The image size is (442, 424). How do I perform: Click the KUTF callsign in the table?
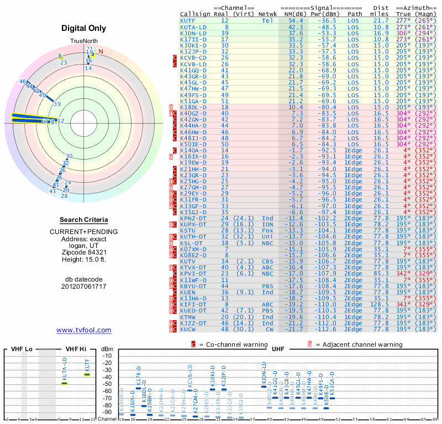[x=188, y=20]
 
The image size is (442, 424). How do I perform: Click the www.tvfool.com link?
[x=84, y=330]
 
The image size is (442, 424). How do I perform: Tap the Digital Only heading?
[x=84, y=28]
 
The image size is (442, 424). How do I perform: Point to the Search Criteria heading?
[x=84, y=220]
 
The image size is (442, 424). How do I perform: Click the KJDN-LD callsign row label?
[x=193, y=33]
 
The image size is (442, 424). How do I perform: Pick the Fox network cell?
[x=268, y=230]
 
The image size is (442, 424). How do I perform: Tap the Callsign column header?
[x=195, y=14]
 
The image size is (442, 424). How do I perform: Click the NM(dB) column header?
[x=292, y=14]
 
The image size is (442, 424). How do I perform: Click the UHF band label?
[x=279, y=349]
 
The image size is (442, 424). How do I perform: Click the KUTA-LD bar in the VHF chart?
[x=64, y=383]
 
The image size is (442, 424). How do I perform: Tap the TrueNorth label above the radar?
[x=84, y=41]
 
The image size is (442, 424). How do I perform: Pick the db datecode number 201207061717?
[x=84, y=287]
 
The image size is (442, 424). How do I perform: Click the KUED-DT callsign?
[x=193, y=310]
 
